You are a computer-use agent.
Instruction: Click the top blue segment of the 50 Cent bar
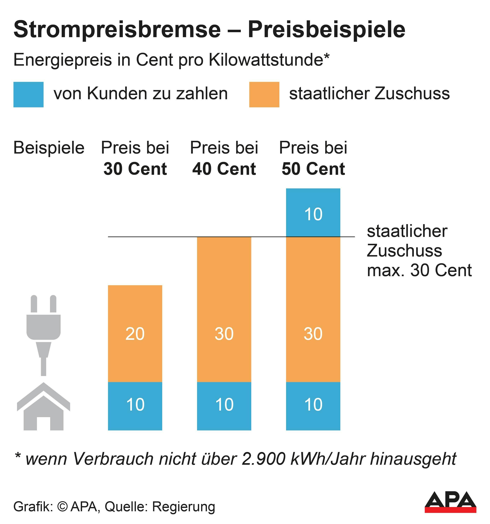(313, 212)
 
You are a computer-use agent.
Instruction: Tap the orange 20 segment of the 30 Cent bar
(135, 333)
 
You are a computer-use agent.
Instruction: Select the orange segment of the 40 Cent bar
(224, 309)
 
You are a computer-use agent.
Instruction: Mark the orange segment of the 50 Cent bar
(313, 309)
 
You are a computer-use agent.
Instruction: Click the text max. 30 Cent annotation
(419, 270)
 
